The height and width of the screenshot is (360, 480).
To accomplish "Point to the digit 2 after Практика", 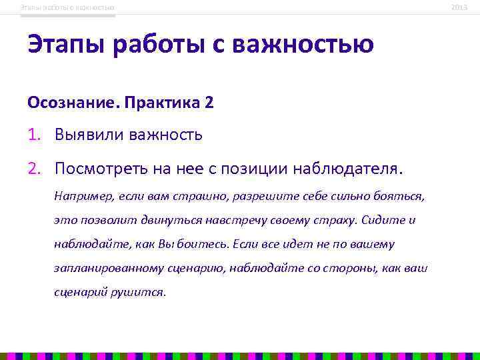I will tap(209, 104).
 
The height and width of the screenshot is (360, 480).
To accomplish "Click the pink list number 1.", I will tap(33, 136).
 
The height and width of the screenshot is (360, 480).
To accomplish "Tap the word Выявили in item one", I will tap(89, 136).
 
